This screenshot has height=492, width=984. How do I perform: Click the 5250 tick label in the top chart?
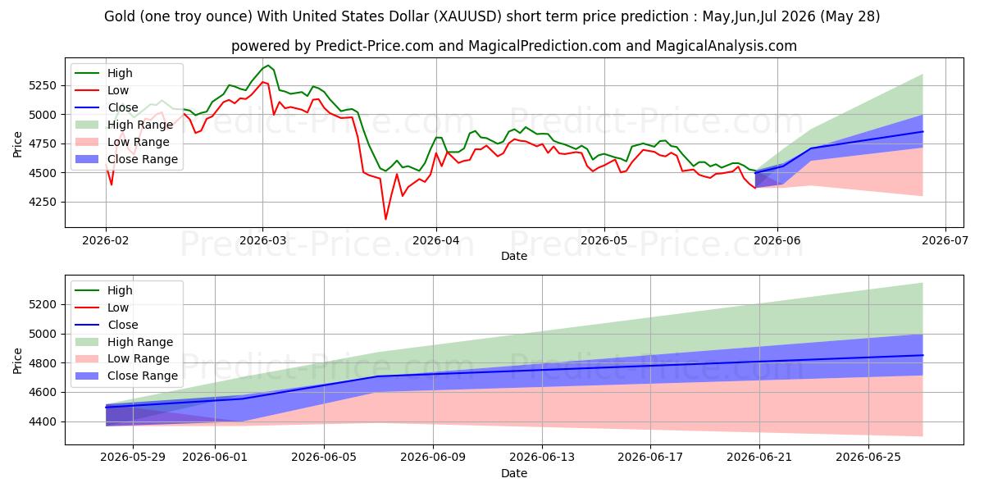point(43,85)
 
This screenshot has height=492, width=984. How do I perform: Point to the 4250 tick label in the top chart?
point(43,202)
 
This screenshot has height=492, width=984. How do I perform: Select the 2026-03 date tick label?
point(262,240)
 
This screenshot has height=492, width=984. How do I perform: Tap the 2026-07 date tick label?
point(945,240)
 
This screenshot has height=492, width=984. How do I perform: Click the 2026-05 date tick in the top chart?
point(604,240)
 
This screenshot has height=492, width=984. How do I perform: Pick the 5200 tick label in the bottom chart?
point(43,304)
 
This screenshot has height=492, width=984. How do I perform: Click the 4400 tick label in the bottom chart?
point(43,421)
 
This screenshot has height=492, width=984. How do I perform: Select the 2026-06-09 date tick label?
point(433,458)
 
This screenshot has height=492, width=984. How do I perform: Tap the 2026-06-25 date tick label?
point(868,458)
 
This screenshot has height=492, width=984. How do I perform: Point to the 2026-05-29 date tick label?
point(133,458)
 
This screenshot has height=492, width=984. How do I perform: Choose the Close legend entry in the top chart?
point(107,107)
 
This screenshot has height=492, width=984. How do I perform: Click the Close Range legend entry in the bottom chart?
point(127,376)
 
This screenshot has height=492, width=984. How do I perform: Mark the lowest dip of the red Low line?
point(385,219)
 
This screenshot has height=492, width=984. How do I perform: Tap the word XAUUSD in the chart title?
point(467,16)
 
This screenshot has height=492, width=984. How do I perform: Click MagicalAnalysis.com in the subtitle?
point(727,46)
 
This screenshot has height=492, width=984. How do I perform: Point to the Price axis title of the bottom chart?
point(17,361)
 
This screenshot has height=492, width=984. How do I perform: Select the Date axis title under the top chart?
point(514,256)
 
